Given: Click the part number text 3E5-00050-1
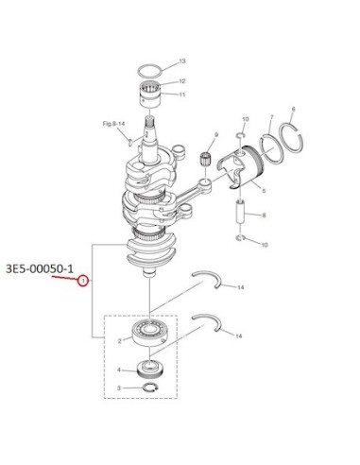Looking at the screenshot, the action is [x=40, y=268].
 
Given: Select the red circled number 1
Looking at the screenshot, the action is [x=83, y=281].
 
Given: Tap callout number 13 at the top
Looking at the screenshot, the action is [x=182, y=60].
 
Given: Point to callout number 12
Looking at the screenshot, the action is [x=182, y=81].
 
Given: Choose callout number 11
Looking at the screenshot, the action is [x=182, y=95].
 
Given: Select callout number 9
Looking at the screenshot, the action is [x=216, y=135].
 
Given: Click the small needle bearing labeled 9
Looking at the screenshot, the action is [x=205, y=158].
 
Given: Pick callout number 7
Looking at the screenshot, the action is [x=272, y=117].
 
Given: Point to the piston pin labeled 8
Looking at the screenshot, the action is [x=241, y=213].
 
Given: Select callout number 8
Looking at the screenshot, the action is [x=264, y=215].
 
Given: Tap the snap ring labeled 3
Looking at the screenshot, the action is [x=150, y=387].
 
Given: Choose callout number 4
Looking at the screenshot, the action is [x=119, y=370].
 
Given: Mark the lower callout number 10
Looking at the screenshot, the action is [x=265, y=245].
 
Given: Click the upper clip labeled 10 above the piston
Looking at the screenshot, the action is [x=240, y=135].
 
